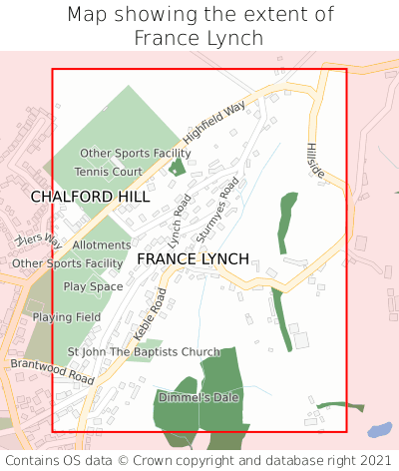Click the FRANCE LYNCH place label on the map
(x=193, y=258)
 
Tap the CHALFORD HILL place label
(x=90, y=197)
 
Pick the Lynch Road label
(x=180, y=221)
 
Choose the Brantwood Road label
(x=52, y=372)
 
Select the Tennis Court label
(x=115, y=172)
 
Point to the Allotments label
(x=101, y=244)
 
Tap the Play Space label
(x=93, y=286)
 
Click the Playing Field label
(x=67, y=317)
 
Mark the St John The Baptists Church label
(x=144, y=352)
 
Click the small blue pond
(x=379, y=431)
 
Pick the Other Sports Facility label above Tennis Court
(x=135, y=153)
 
